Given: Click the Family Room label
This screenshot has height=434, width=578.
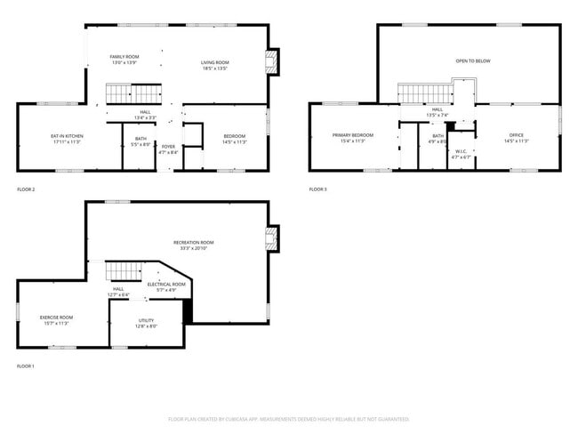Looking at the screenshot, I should click(124, 56).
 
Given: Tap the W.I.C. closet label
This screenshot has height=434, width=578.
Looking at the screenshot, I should click(461, 151).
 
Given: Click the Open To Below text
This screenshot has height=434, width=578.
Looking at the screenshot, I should click(472, 61).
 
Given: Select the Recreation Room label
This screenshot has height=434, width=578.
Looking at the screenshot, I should click(193, 242).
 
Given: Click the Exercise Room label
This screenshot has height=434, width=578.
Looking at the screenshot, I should click(56, 317).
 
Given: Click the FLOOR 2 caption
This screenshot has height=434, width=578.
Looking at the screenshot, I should click(26, 189).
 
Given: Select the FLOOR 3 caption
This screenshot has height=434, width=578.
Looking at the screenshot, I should click(318, 189).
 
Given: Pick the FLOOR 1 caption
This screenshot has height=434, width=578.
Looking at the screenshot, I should click(26, 366).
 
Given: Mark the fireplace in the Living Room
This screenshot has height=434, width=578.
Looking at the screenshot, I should click(273, 62).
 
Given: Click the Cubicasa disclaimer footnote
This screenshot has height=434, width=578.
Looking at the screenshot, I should click(288, 418).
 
